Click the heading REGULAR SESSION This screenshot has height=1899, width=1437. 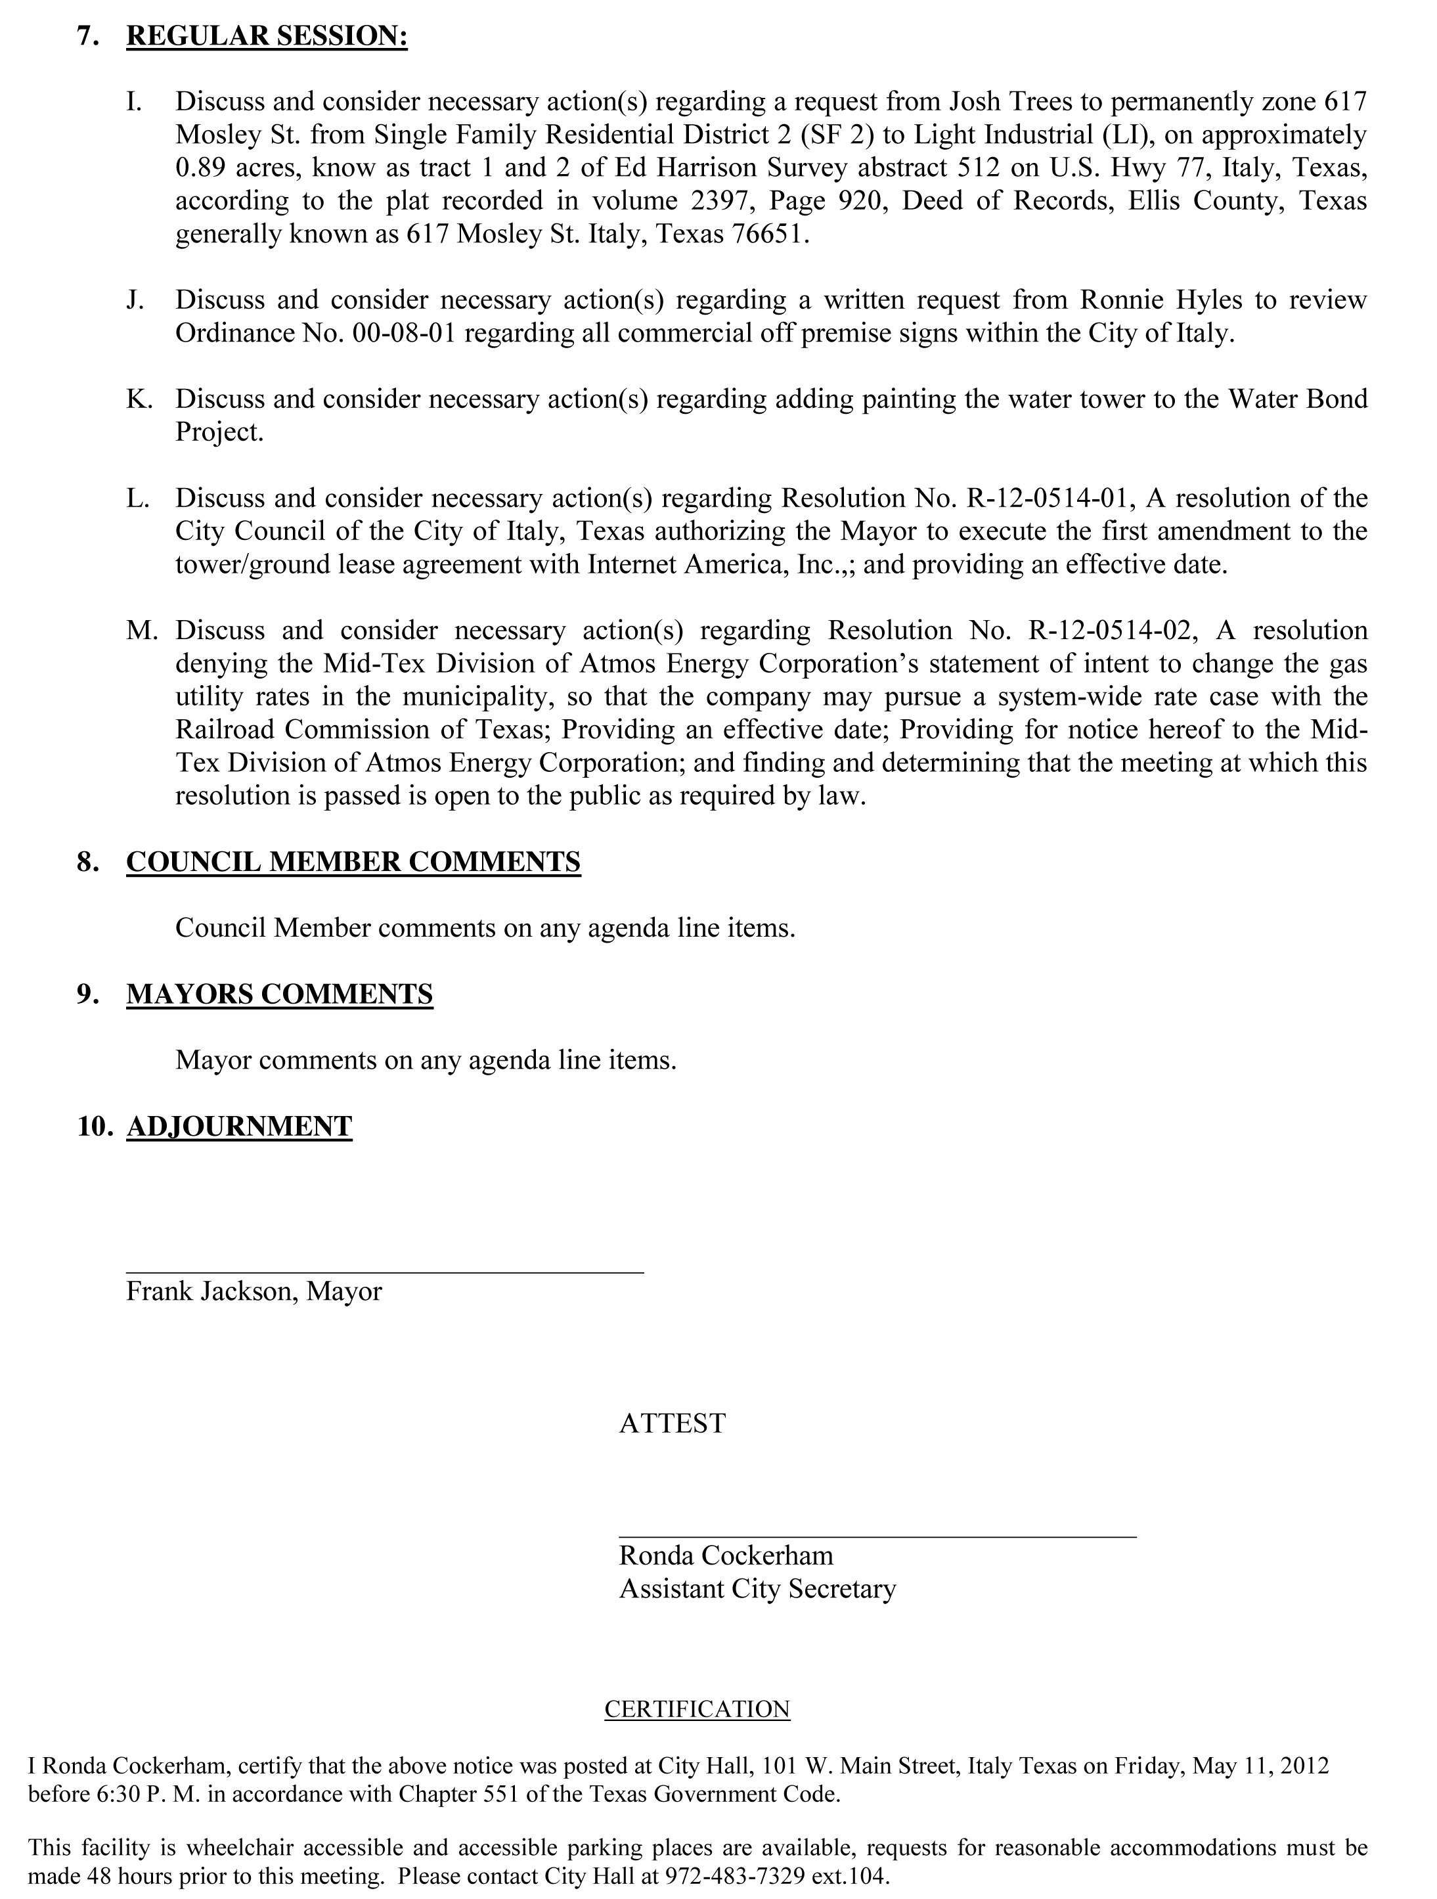(266, 37)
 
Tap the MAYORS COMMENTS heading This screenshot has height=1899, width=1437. (279, 994)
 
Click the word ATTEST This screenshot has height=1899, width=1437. (672, 1423)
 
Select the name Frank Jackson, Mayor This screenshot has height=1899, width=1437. (254, 1292)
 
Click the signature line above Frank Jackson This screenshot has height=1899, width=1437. (385, 1272)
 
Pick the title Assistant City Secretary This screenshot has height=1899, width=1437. (757, 1589)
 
